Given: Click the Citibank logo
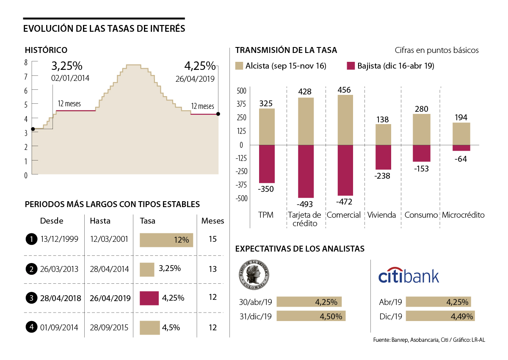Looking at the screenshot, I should click(409, 276).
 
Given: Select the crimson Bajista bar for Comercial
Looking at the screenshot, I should click(345, 170).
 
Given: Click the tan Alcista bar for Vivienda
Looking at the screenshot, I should click(383, 134).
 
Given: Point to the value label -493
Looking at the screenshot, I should click(306, 205).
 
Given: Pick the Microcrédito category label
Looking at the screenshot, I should click(463, 215).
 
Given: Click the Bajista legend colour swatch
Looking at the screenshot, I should click(350, 66).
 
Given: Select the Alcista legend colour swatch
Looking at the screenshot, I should click(239, 66).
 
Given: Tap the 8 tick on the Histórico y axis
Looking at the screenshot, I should click(26, 62).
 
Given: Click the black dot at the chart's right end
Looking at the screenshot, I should click(218, 114).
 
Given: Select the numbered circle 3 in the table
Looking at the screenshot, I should click(31, 298).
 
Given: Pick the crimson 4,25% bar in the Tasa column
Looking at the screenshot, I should click(149, 298).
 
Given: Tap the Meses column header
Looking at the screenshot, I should click(213, 221).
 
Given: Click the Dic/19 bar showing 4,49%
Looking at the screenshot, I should click(440, 316).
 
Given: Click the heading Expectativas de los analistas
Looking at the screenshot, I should click(300, 249).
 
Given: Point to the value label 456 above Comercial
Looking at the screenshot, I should click(345, 90).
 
